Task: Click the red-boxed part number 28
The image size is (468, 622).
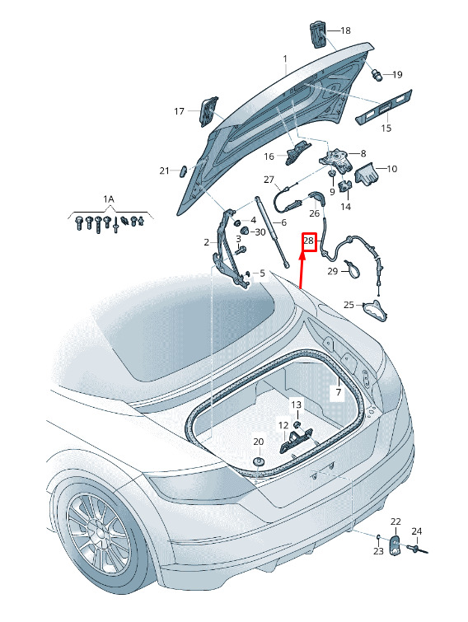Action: [308, 241]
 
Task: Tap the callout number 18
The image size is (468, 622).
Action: [345, 30]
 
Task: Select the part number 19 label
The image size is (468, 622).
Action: [397, 75]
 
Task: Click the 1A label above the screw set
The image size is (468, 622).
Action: [109, 199]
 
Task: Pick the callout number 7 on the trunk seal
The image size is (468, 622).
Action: [339, 392]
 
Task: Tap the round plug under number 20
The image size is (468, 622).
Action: [259, 461]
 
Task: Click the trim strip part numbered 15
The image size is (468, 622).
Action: [383, 107]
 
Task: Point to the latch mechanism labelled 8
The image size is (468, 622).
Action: [335, 161]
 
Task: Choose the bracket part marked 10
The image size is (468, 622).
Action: [366, 173]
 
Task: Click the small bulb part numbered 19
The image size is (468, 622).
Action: [377, 74]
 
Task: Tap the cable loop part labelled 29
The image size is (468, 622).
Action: [351, 268]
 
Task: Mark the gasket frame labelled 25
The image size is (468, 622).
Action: [374, 311]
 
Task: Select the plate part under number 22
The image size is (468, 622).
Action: [395, 545]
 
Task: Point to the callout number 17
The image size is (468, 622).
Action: [180, 111]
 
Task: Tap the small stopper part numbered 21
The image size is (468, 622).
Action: [185, 171]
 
